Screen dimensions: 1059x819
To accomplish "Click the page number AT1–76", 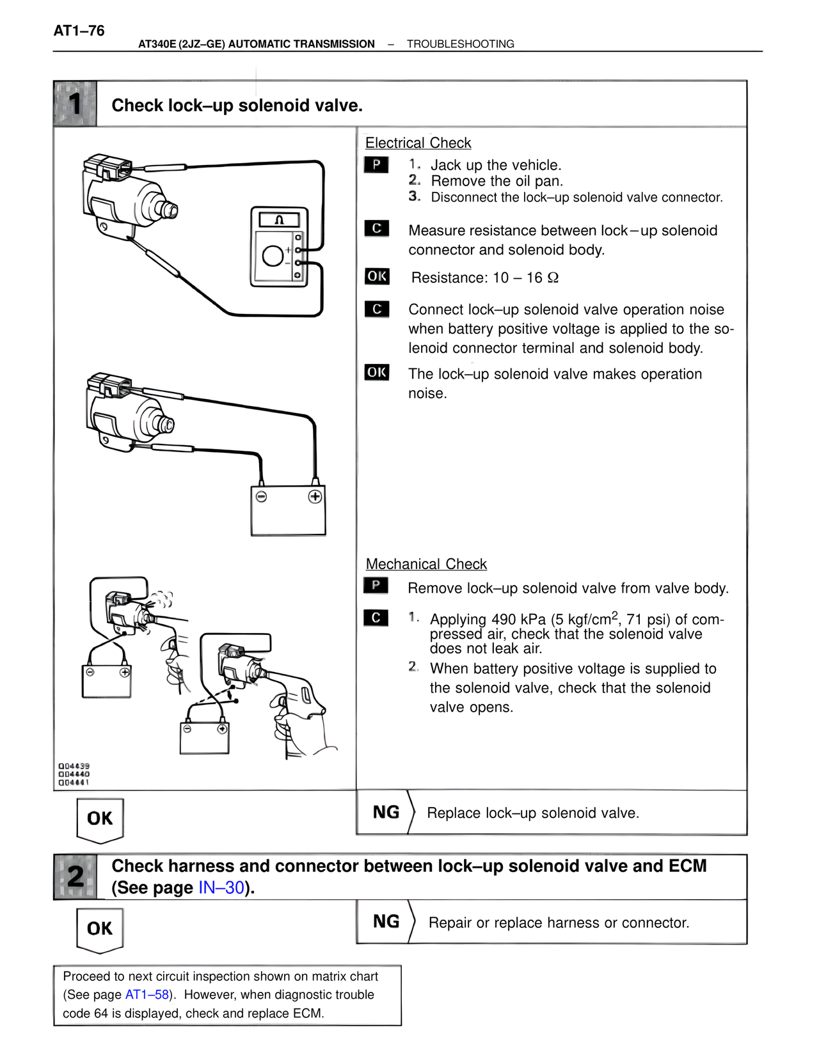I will [x=79, y=31].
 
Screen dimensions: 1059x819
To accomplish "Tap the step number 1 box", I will [x=76, y=104].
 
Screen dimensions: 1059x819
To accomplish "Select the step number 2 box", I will [x=76, y=877].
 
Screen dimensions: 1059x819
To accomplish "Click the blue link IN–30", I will [x=221, y=888].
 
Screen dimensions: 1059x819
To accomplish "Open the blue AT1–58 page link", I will [x=147, y=994].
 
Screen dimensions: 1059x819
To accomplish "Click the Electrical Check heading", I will [x=418, y=143].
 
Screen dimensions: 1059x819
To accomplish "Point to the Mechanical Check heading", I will [x=426, y=564].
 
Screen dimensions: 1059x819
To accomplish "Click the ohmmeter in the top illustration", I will [x=279, y=246].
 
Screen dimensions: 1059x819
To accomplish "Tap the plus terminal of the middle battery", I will [x=315, y=497].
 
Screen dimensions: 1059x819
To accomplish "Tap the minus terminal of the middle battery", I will [x=261, y=497].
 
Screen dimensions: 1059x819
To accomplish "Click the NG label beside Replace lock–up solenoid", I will [x=386, y=812].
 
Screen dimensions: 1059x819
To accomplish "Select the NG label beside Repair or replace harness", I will [x=386, y=922].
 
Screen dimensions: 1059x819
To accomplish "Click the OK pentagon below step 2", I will [x=100, y=929].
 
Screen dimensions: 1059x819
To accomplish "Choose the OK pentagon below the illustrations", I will [x=100, y=819].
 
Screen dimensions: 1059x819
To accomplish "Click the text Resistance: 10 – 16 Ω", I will [x=484, y=278].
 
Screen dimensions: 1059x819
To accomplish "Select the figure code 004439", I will [x=74, y=765].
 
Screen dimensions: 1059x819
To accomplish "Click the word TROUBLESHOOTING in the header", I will [x=460, y=44].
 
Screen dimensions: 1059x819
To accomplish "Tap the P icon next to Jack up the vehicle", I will [x=376, y=164].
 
